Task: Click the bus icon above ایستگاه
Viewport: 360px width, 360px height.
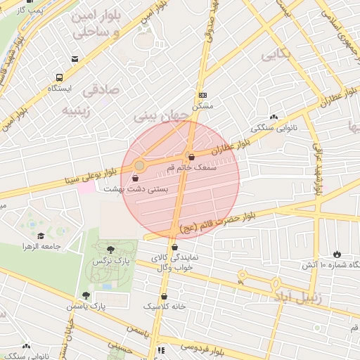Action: coord(58,77)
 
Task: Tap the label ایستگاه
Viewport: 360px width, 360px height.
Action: coord(59,89)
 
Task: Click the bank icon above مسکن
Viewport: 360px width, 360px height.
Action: coord(203,95)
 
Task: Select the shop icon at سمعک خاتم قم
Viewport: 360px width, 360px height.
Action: coord(191,157)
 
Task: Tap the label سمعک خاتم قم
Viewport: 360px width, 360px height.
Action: coord(211,168)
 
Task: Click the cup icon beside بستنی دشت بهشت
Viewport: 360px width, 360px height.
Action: coord(135,179)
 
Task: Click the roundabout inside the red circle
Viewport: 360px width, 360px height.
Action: coord(140,165)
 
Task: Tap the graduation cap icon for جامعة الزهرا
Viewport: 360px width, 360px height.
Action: coord(41,236)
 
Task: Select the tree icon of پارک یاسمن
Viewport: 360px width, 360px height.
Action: coord(86,296)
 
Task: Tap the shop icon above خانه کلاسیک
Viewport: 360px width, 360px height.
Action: coord(165,296)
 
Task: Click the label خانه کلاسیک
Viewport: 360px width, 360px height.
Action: coord(163,307)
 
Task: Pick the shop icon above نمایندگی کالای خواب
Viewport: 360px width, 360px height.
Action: coord(174,247)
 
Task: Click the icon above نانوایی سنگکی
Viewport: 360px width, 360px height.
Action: coord(273,117)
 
